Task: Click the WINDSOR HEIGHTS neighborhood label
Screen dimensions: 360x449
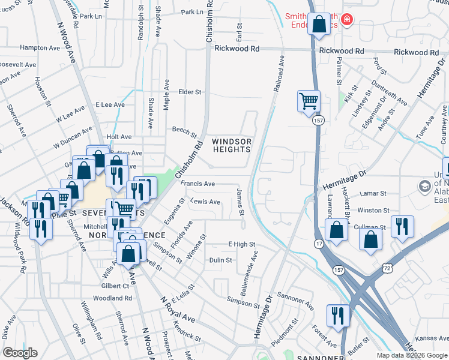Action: point(231,146)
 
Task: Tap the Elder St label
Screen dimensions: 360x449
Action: point(190,92)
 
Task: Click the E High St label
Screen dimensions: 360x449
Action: point(241,244)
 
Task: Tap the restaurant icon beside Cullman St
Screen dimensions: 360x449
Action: point(399,227)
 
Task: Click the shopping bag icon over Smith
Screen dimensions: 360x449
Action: point(319,25)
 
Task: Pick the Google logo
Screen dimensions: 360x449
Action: point(20,352)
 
